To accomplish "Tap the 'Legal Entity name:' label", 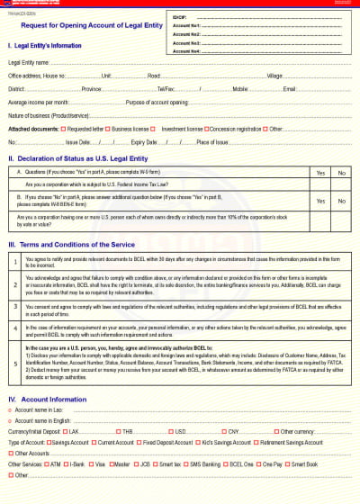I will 29,63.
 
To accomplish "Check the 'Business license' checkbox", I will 108,129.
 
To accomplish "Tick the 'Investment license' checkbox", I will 156,129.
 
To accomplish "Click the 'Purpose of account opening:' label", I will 157,103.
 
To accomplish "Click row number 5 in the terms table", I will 15,364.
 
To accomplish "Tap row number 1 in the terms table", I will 15,261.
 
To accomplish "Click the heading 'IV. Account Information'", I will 48,399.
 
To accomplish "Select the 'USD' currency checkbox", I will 170,431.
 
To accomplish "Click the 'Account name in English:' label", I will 40,420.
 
